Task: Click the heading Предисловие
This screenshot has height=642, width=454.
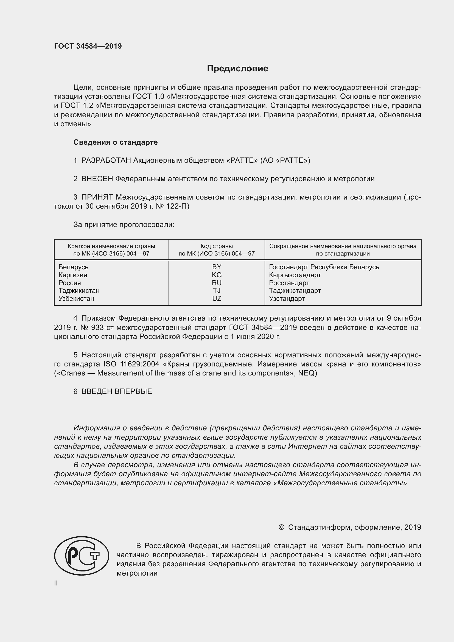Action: tap(237, 69)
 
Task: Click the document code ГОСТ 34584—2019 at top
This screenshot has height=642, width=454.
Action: tap(88, 46)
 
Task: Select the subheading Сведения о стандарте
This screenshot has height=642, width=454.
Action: tap(116, 142)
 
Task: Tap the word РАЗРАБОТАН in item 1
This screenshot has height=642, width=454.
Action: tap(106, 161)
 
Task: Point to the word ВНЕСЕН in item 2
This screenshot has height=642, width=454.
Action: tap(97, 179)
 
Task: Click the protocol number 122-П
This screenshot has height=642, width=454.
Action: tap(178, 206)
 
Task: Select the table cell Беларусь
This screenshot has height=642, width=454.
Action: tap(74, 267)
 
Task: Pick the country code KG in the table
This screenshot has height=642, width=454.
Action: tap(217, 275)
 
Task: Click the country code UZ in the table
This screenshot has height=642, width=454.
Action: tap(217, 299)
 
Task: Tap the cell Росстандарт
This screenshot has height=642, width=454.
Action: tap(289, 283)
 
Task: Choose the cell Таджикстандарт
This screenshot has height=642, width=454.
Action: tap(295, 291)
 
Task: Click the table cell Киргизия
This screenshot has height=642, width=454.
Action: tap(73, 275)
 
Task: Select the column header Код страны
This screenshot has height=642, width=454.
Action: tap(217, 246)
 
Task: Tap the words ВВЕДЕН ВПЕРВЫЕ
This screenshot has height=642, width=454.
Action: tap(117, 391)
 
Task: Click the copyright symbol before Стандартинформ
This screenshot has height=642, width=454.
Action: tap(282, 527)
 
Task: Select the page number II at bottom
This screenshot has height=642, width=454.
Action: tap(56, 583)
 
